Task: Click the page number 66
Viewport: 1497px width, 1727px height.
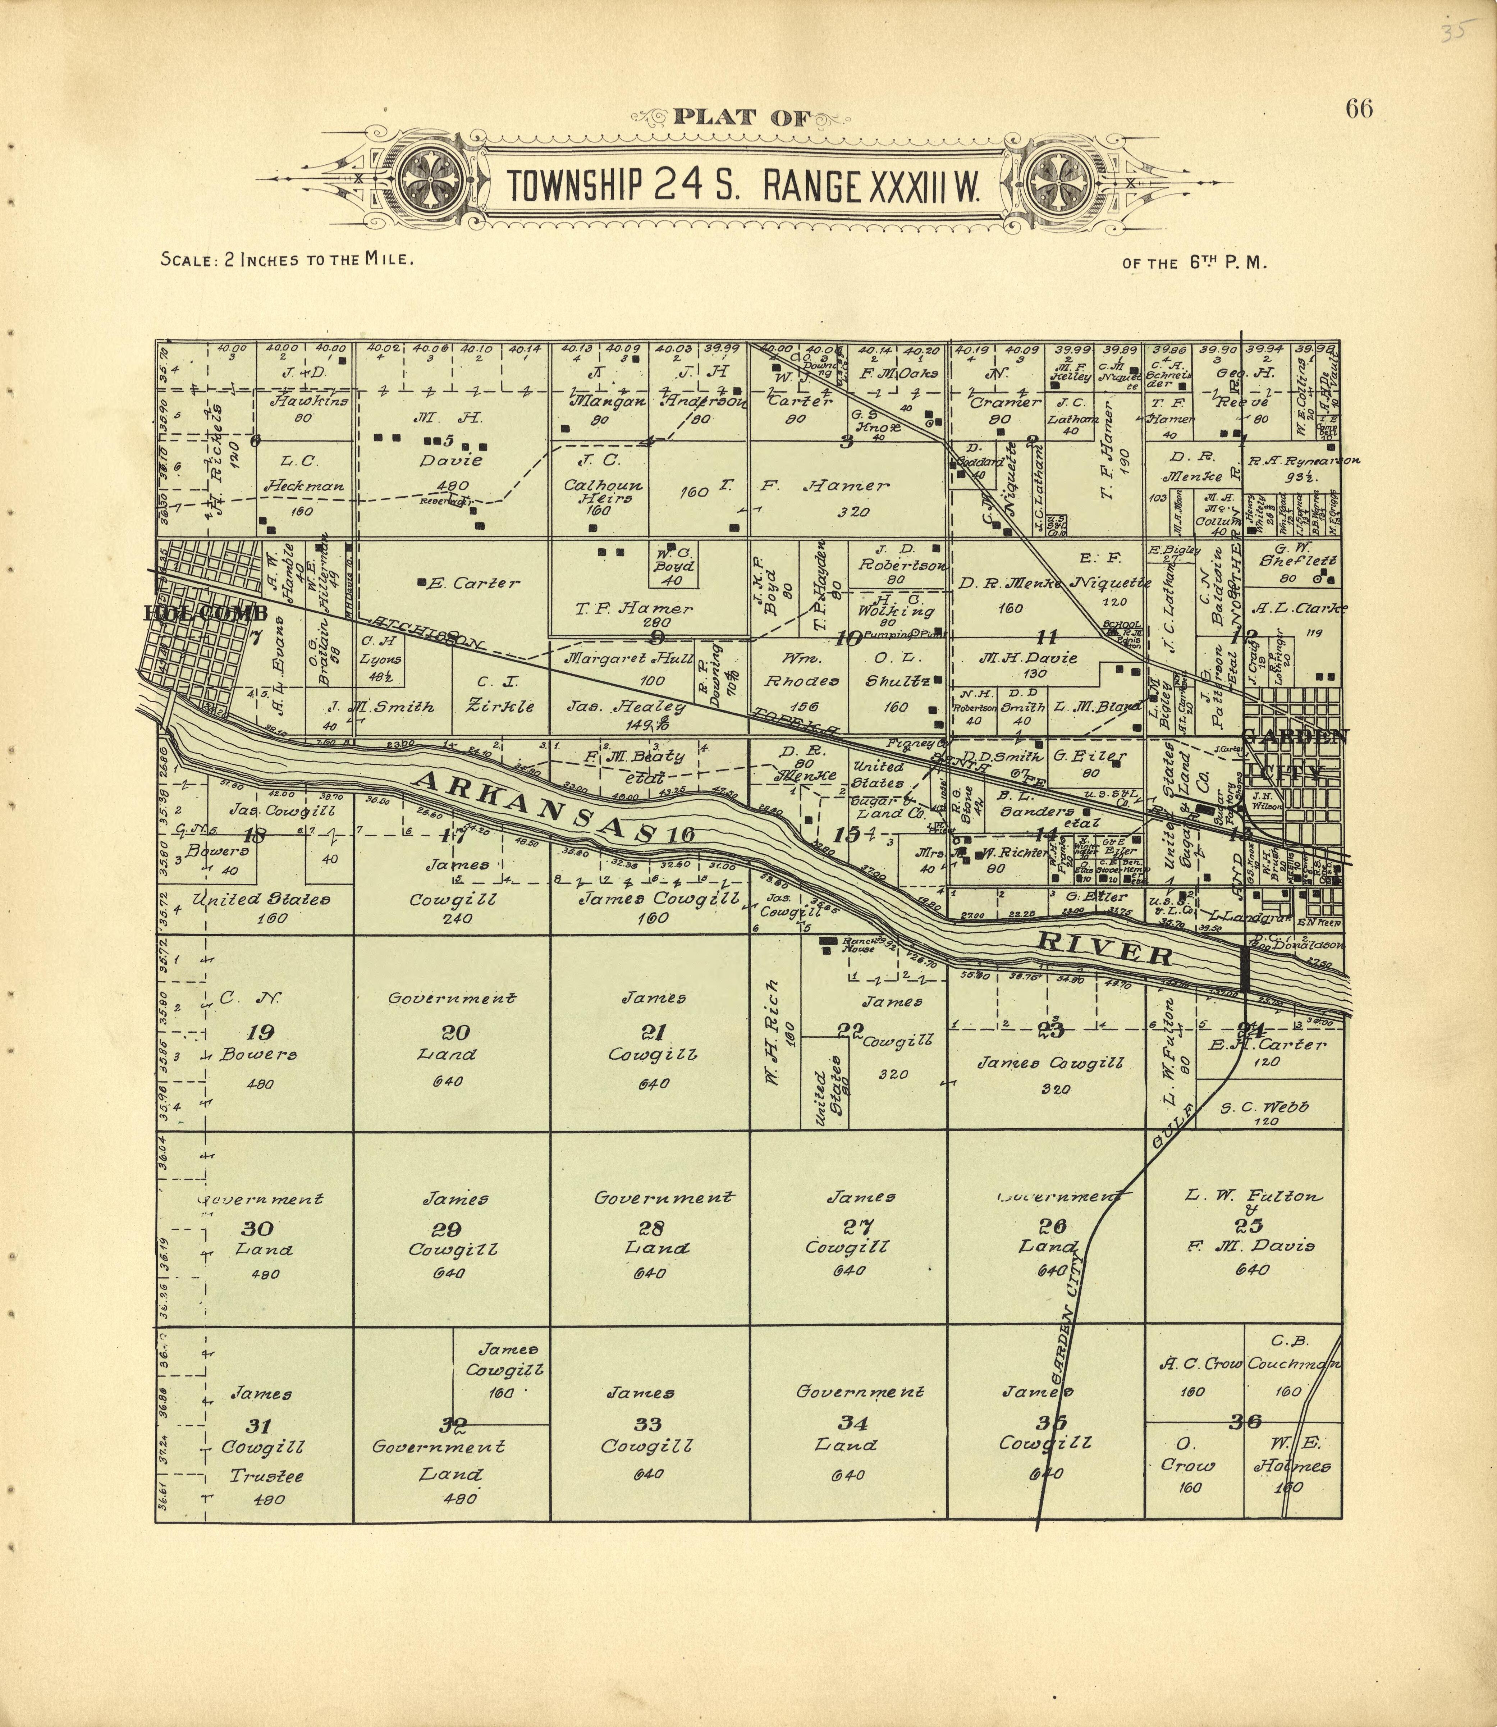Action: tap(1359, 109)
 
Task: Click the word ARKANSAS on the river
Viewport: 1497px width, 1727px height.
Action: tap(535, 806)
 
